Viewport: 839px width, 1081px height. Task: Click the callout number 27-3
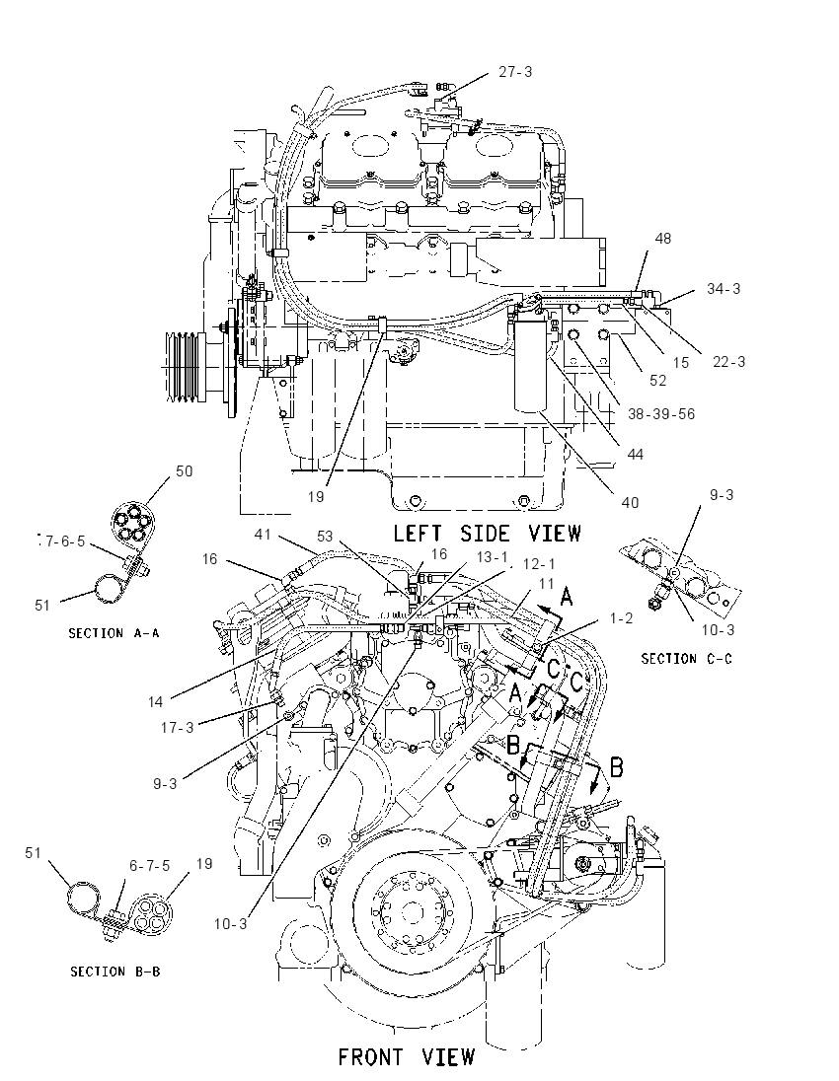(x=515, y=72)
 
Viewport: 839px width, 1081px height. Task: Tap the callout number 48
(x=662, y=239)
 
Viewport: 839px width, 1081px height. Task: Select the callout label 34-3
(x=724, y=289)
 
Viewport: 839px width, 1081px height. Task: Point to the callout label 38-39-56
(x=661, y=414)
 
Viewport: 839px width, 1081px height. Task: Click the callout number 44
(x=635, y=455)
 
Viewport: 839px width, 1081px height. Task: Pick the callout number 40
(x=630, y=503)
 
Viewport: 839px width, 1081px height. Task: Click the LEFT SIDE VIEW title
(x=488, y=534)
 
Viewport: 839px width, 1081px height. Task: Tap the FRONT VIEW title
(x=407, y=1057)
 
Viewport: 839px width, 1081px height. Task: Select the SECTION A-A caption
(x=114, y=633)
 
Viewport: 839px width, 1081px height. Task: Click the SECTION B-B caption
(x=115, y=972)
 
